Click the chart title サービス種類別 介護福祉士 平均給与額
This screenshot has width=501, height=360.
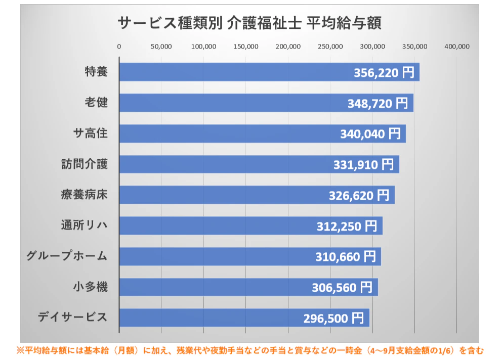point(249,23)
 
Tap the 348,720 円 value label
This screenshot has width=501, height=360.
point(377,104)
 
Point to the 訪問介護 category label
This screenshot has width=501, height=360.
point(84,164)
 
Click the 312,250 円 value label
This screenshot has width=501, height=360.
point(347,226)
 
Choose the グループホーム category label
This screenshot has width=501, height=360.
point(67,256)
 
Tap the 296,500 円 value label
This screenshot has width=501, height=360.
point(333,318)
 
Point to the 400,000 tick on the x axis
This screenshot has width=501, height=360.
point(457,47)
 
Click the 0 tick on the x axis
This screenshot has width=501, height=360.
point(119,47)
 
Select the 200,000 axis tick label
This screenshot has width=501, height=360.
point(288,47)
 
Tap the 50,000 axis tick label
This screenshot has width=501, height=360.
point(161,47)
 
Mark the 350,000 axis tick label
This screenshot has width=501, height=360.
point(415,47)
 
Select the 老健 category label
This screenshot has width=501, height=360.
point(96,103)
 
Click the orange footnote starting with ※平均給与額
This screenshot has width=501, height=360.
point(251,350)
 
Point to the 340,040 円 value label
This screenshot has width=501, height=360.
point(370,134)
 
